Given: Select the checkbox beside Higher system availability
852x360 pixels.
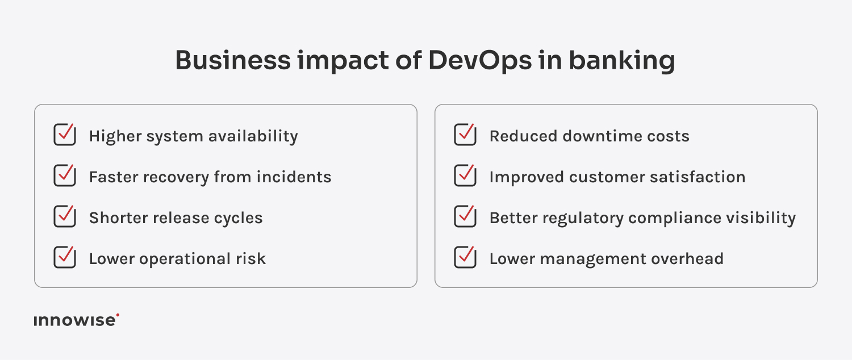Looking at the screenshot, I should (x=65, y=136).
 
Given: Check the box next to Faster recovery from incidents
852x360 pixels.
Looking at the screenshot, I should (x=65, y=177).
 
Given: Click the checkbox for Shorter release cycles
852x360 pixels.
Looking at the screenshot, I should (x=65, y=217).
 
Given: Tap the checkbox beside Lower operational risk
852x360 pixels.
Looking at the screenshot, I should (x=65, y=258).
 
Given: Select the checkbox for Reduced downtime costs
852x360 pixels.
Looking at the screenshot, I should (x=465, y=136).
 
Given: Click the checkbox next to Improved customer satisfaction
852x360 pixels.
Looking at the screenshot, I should (x=465, y=177).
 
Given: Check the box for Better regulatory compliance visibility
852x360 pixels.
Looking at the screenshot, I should (x=465, y=217).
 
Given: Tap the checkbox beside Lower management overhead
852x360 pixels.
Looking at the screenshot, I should (x=465, y=258).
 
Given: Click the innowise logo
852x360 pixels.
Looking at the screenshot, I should (x=76, y=320).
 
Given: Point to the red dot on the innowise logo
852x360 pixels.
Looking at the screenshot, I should (x=118, y=315).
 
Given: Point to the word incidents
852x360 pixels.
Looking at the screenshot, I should (x=294, y=177).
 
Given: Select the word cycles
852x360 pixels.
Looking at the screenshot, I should (x=237, y=219).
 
